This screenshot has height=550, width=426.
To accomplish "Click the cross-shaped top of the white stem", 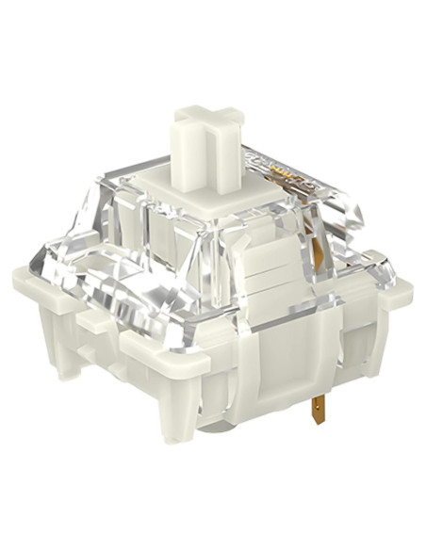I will [x=206, y=121].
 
